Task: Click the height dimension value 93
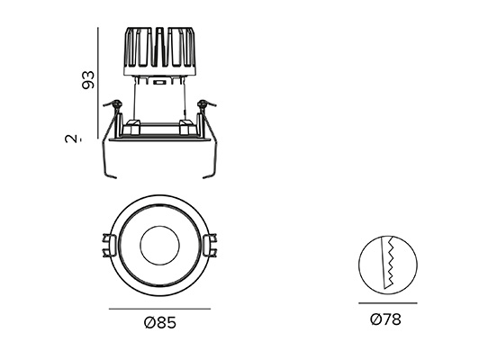88,80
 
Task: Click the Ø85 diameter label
160,322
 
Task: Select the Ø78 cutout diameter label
385,319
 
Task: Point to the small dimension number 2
71,139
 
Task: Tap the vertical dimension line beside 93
98,83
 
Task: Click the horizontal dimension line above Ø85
159,309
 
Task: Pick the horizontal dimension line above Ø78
388,303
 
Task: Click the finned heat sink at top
159,51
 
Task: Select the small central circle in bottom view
159,246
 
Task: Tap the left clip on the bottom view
109,245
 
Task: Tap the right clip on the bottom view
210,245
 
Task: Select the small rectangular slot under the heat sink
159,82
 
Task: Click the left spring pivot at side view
116,104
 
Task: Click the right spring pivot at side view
203,104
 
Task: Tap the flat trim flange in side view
159,139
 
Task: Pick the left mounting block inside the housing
133,127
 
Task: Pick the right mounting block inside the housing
185,127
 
